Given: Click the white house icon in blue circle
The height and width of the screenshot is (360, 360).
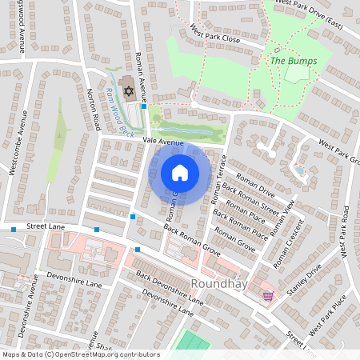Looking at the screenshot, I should (x=180, y=172).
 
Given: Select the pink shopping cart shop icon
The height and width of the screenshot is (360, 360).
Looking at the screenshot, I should (x=268, y=295).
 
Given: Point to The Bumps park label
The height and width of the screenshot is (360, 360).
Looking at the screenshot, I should (x=294, y=61).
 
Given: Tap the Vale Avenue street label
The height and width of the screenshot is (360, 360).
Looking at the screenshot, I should (x=142, y=141).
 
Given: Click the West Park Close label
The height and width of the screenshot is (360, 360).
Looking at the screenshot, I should (x=215, y=37).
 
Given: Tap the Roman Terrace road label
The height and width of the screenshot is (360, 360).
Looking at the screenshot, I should (x=220, y=177).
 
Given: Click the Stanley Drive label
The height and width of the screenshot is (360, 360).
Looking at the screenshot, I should (x=305, y=280).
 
